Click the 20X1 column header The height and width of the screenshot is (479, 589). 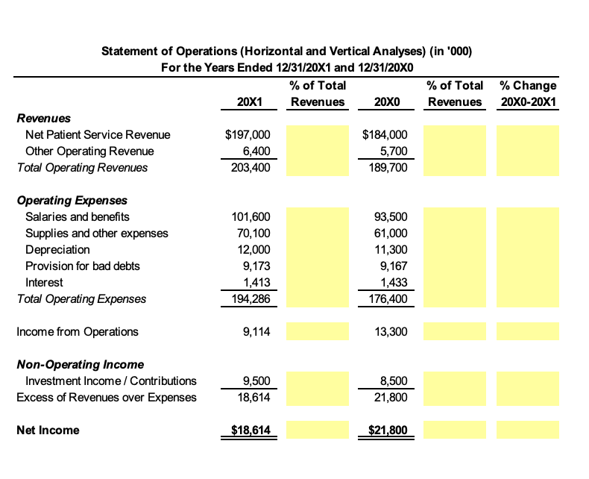click(x=248, y=101)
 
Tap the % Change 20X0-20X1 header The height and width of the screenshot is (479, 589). click(x=528, y=93)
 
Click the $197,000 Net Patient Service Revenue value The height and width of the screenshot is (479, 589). click(x=242, y=135)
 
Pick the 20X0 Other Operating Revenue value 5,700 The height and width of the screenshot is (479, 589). click(x=394, y=151)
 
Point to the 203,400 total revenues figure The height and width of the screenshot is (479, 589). click(x=248, y=167)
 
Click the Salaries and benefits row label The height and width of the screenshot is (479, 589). click(x=77, y=217)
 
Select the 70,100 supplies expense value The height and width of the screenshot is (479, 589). click(x=251, y=234)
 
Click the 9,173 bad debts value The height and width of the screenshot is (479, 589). click(x=255, y=266)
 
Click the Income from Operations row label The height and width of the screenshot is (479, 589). click(x=77, y=332)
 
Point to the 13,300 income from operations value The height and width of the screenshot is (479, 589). click(x=391, y=332)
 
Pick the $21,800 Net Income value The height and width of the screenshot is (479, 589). click(x=388, y=431)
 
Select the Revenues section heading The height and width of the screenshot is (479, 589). click(x=43, y=118)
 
